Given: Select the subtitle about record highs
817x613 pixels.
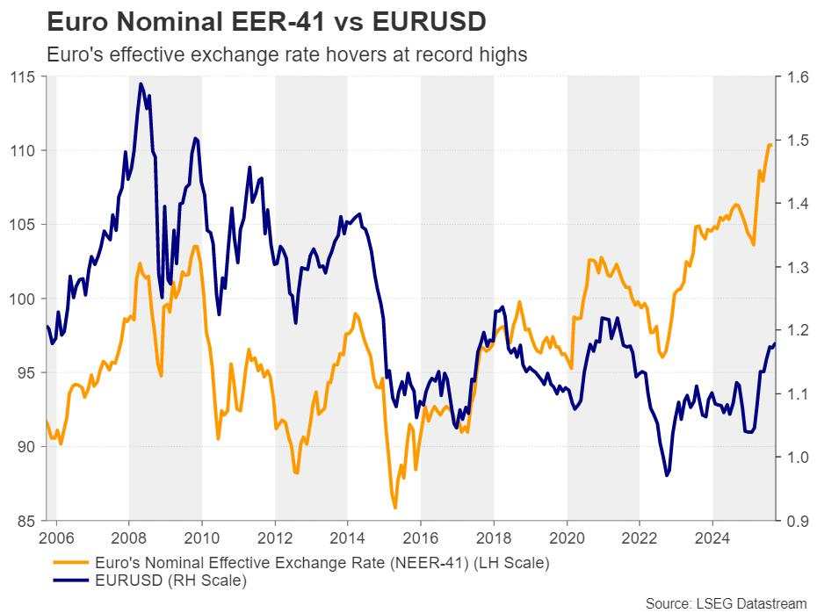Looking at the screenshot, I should tap(286, 54).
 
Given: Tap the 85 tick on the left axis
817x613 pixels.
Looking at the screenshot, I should tap(30, 521).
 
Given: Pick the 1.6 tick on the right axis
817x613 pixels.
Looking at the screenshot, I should tap(798, 77).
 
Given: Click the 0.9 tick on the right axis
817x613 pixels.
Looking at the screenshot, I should tap(798, 521).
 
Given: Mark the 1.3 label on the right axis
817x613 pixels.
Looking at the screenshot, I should tap(798, 267).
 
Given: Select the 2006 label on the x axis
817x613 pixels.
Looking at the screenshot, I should tap(56, 537).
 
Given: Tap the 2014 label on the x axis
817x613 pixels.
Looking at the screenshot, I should tap(348, 537).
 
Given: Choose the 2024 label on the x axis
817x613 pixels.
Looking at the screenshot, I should tap(712, 537).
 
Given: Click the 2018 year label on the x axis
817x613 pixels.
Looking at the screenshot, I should tap(494, 537).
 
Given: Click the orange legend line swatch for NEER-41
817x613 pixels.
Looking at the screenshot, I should tap(73, 563).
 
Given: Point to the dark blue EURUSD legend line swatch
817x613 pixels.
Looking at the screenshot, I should tap(73, 580).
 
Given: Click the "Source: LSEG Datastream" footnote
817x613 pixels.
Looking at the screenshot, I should tap(726, 602).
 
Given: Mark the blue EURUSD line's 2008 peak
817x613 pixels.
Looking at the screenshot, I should tap(141, 83).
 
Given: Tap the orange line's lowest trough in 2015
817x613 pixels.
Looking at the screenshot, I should tap(394, 508).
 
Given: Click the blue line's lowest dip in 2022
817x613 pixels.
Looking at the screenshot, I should tap(667, 475).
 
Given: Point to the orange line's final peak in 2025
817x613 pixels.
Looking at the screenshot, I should tap(770, 144).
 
